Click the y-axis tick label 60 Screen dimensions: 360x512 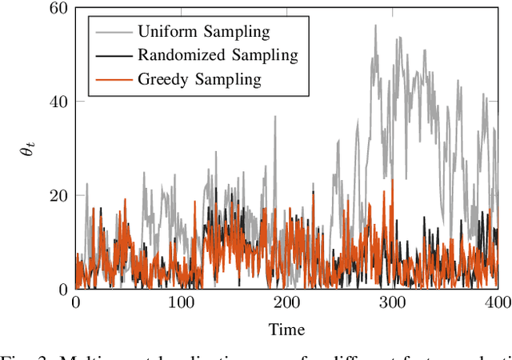point(58,9)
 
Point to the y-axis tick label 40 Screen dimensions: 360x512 point(58,102)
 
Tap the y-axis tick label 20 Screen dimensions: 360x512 point(58,195)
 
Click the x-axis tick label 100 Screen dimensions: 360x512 point(181,303)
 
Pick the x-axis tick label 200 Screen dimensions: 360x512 point(286,303)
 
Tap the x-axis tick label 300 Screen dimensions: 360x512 point(392,303)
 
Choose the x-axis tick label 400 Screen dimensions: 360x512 point(498,303)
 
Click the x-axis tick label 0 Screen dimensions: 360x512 point(75,303)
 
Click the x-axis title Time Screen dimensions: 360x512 point(286,329)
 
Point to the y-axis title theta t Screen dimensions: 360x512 point(31,149)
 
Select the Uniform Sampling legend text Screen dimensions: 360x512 point(203,32)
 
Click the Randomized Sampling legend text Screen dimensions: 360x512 point(218,55)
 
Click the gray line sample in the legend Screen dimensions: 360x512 point(110,32)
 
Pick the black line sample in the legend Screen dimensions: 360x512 point(110,55)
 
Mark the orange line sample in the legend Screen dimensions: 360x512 point(110,79)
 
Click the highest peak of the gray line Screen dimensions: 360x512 point(374,25)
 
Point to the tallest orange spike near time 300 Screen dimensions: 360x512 point(392,180)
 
